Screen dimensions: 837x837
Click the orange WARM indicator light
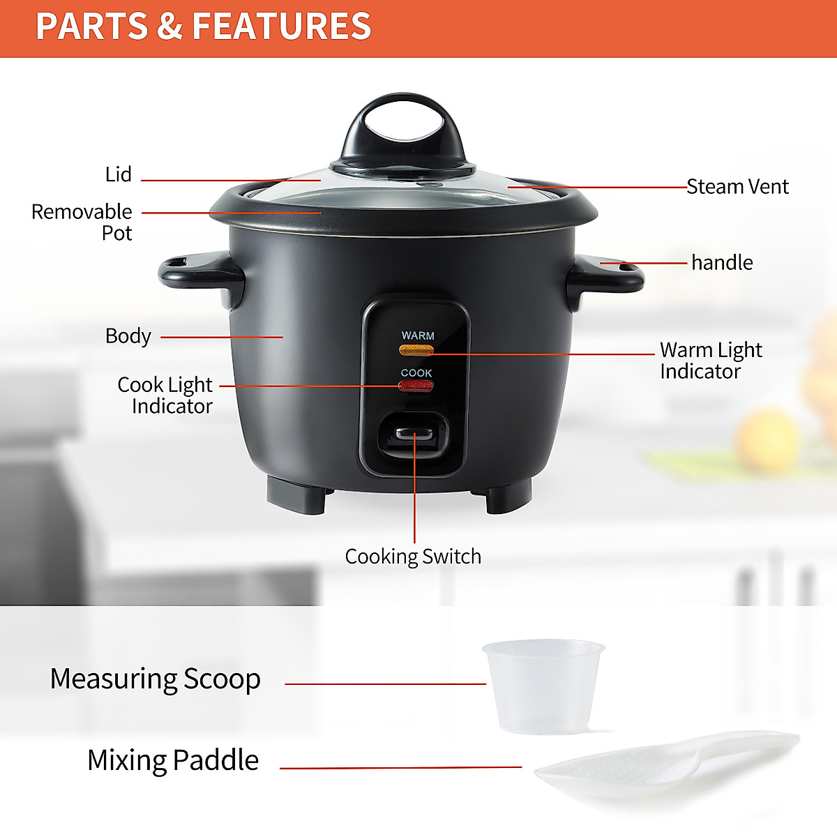pyautogui.click(x=416, y=349)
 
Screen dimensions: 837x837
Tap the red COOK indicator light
pyautogui.click(x=416, y=386)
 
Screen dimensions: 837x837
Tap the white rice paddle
pyautogui.click(x=663, y=767)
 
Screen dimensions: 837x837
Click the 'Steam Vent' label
pyautogui.click(x=737, y=187)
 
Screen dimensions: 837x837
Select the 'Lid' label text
pyautogui.click(x=118, y=174)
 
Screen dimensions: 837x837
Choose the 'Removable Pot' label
pyautogui.click(x=82, y=222)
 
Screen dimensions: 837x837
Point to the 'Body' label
pyautogui.click(x=128, y=336)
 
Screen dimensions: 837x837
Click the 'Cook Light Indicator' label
pyautogui.click(x=165, y=395)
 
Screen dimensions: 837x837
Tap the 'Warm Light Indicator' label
pyautogui.click(x=710, y=361)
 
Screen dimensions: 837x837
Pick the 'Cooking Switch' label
pyautogui.click(x=413, y=557)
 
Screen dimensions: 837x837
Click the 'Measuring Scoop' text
pyautogui.click(x=156, y=679)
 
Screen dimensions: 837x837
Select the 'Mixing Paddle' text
pyautogui.click(x=173, y=760)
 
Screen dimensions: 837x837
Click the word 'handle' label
pyautogui.click(x=722, y=263)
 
